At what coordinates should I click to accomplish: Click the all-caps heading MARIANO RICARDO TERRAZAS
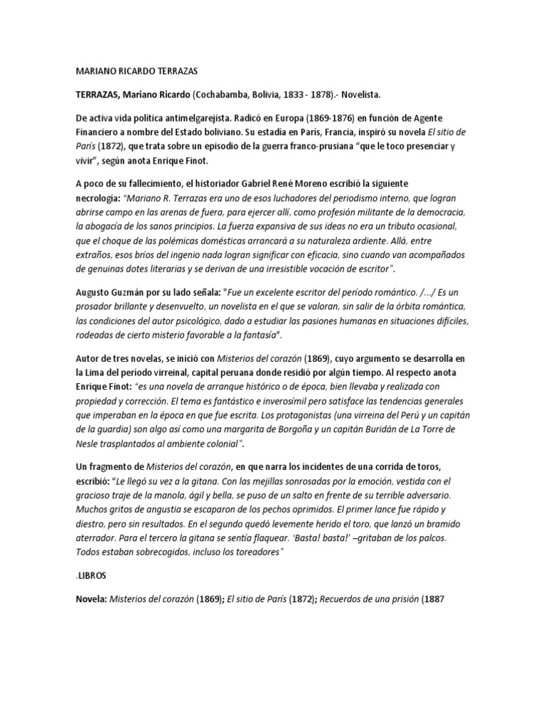[137, 72]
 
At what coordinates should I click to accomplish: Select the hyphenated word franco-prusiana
[323, 146]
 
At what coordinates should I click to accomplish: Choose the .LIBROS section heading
[92, 577]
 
